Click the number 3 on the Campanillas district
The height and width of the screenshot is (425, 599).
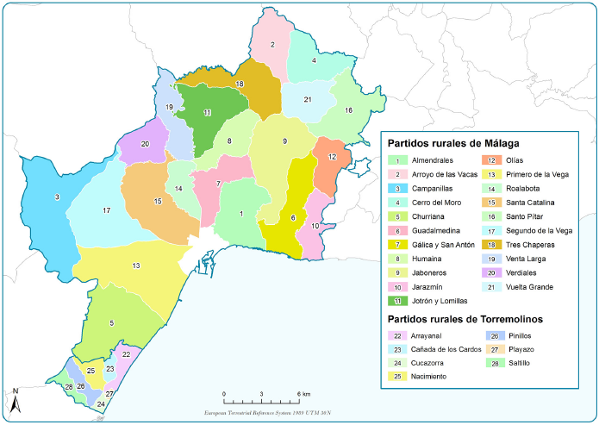pos(57,198)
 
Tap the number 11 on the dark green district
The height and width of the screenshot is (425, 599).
pos(207,113)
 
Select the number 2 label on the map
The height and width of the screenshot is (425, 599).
pos(272,45)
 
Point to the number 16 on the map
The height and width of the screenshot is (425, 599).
pos(348,110)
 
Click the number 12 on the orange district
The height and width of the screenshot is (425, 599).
pos(332,156)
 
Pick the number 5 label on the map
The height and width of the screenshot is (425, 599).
pos(111,323)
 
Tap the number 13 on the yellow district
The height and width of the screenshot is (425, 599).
pos(136,266)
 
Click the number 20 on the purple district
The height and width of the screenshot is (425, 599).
pos(145,144)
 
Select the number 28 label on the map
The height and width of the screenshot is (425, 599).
pos(68,387)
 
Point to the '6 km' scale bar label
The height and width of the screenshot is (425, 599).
pos(302,394)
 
